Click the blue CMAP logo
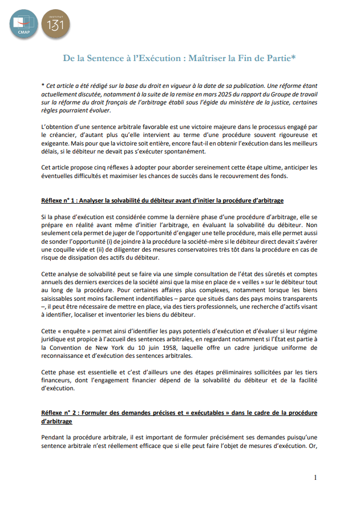(x=23, y=23)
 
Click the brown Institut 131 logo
(x=56, y=23)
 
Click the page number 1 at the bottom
(x=315, y=477)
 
